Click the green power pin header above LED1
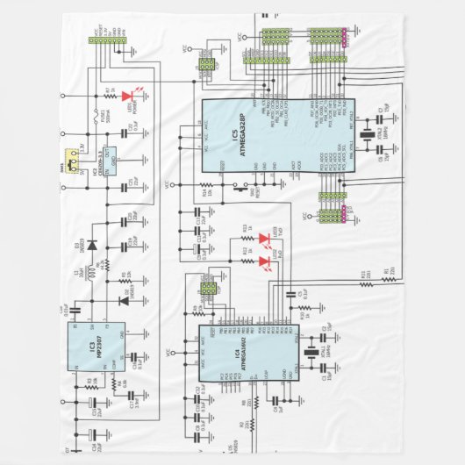109,39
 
